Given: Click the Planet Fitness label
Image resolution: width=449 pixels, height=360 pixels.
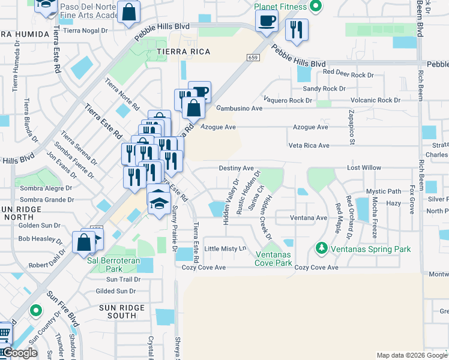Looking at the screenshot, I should (280, 7).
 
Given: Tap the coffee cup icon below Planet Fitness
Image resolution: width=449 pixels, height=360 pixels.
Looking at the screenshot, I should (267, 21).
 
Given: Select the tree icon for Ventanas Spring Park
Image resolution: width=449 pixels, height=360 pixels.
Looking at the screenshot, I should (322, 248).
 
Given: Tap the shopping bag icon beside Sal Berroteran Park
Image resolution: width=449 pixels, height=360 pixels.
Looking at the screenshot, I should (83, 242).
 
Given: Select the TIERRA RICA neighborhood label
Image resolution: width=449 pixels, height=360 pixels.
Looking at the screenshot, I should (175, 52).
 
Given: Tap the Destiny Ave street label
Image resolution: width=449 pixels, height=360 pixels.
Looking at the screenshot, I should (237, 169).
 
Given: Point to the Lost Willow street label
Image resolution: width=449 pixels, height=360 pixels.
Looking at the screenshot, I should (364, 169).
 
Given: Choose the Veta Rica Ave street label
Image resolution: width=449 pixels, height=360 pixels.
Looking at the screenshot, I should (309, 146).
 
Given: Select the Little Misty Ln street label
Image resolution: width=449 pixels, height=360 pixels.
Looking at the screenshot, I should (226, 248).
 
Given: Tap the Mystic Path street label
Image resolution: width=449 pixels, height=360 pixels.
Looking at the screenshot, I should (384, 192).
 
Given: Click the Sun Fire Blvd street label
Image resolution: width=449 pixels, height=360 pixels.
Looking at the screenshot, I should (64, 306).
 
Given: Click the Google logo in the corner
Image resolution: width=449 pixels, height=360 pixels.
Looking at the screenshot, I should (20, 353).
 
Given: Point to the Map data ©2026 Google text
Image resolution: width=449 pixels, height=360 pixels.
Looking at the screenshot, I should (412, 355).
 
